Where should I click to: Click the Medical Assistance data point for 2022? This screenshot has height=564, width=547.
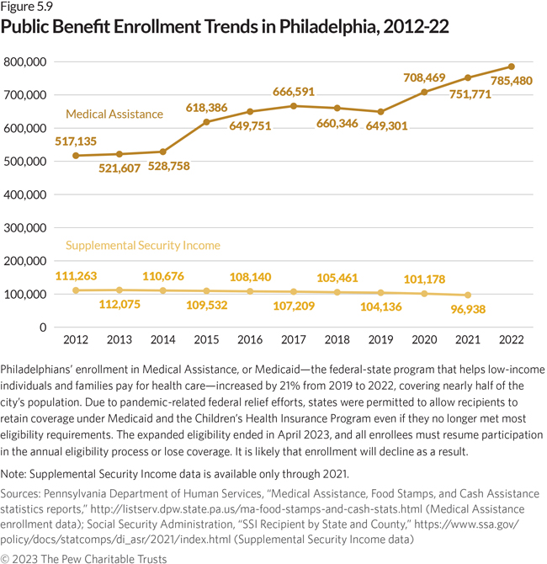tap(511, 67)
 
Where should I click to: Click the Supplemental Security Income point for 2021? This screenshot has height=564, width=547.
tap(467, 295)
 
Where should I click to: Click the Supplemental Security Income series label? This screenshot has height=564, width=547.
tap(142, 245)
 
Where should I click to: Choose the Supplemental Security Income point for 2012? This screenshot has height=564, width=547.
tap(77, 290)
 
